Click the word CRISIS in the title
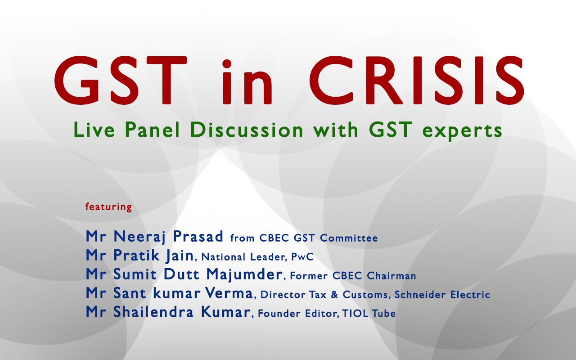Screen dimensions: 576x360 (x=417, y=80)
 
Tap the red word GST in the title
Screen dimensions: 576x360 (x=120, y=80)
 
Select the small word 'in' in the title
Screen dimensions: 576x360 (x=247, y=82)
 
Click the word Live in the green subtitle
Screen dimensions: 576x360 (x=94, y=130)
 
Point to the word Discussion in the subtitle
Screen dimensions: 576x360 (x=247, y=130)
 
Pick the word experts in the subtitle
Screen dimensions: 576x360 (x=462, y=131)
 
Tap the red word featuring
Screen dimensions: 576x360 (x=108, y=207)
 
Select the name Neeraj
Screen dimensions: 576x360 (x=139, y=237)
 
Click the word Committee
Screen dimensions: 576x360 (x=349, y=238)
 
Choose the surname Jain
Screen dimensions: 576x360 (x=180, y=256)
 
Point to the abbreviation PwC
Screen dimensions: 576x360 (x=302, y=257)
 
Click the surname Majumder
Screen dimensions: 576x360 (x=244, y=274)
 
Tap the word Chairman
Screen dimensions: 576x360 (x=391, y=276)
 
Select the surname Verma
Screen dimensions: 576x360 (x=229, y=293)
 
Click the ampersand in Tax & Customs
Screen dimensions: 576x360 (x=334, y=295)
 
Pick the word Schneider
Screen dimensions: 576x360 (x=420, y=295)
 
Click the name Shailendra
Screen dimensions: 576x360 (x=153, y=312)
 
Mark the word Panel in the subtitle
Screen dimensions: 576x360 (x=152, y=130)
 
